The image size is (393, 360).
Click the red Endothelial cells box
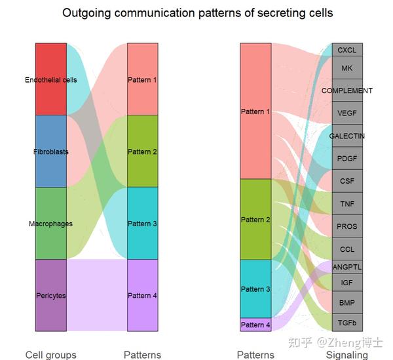pos(51,79)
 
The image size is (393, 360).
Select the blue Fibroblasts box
pos(51,151)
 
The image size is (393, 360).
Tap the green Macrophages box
pos(51,224)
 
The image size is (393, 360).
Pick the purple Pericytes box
pos(51,295)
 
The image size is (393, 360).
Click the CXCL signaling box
pos(347,50)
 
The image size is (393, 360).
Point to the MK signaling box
pos(347,68)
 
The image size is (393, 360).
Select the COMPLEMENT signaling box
pos(347,90)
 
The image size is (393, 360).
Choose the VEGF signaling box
pos(347,113)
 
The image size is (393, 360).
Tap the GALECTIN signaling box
pos(347,136)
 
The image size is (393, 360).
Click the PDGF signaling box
pos(347,158)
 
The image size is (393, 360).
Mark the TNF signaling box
pos(347,203)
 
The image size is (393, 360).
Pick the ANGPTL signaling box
pos(347,267)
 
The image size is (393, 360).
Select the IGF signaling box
pos(347,283)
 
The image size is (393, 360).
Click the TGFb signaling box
pos(347,323)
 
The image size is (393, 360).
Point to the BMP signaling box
pos(347,303)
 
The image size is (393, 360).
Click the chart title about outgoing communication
pos(197,13)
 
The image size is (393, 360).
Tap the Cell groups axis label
pos(51,355)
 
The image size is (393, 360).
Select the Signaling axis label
pos(347,355)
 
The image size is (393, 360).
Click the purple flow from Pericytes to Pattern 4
pos(97,295)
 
